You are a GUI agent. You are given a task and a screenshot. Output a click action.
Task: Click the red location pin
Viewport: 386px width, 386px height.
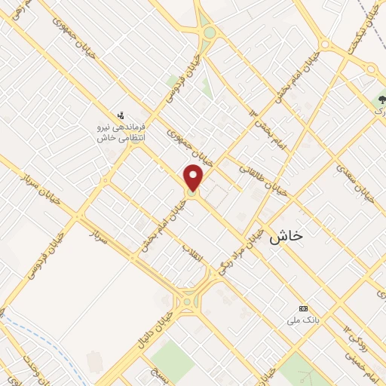click(194, 179)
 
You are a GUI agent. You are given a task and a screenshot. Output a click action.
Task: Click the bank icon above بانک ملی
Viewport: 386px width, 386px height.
click(304, 308)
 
